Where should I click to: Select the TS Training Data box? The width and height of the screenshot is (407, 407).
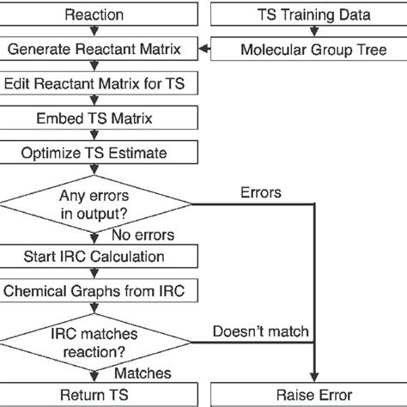[314, 15]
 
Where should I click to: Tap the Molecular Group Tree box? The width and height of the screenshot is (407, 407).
[314, 50]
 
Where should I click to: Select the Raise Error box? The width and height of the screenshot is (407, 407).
[314, 395]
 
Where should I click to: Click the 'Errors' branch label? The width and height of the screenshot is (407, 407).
[261, 192]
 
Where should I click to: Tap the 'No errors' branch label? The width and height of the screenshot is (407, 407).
[143, 235]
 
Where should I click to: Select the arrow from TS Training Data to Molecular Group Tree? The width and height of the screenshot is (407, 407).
[314, 33]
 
